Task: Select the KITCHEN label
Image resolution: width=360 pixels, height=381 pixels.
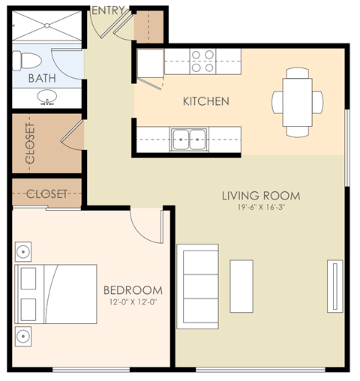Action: pyautogui.click(x=206, y=101)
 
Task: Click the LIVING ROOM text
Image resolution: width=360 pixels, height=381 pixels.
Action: pyautogui.click(x=260, y=196)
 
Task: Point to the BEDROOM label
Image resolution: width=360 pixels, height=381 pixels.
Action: pyautogui.click(x=133, y=290)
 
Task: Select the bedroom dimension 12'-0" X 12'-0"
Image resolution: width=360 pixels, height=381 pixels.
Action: pyautogui.click(x=133, y=302)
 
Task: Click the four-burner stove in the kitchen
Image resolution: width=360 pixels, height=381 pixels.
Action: pyautogui.click(x=201, y=61)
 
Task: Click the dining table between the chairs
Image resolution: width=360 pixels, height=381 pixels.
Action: pyautogui.click(x=298, y=100)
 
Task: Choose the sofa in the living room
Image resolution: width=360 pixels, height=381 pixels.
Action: pyautogui.click(x=197, y=285)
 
